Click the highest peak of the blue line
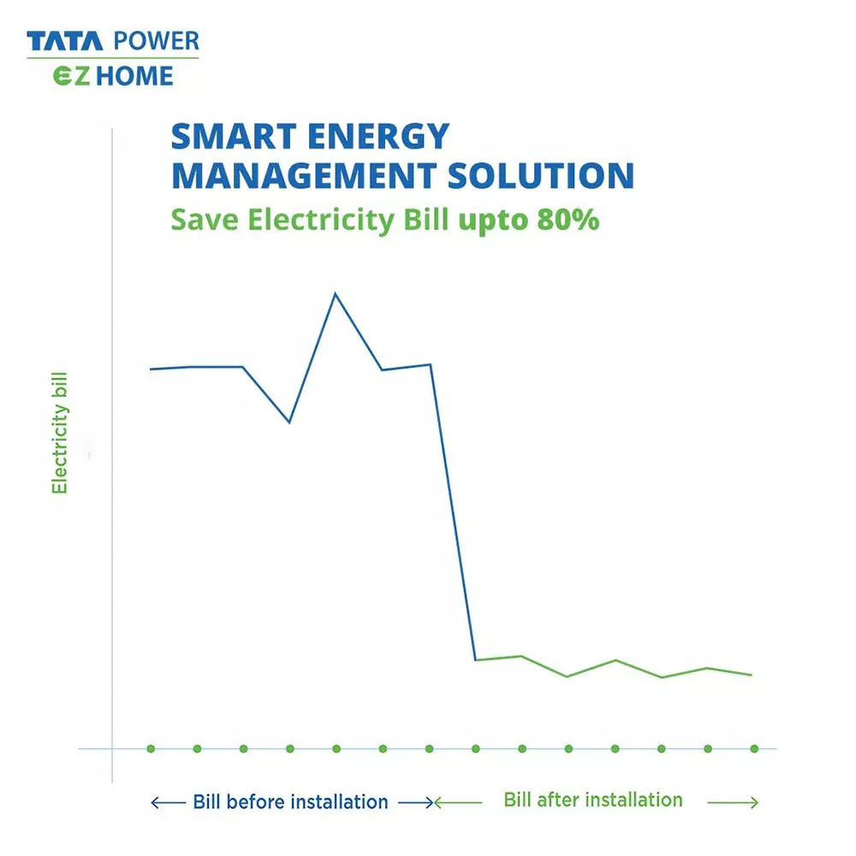pyautogui.click(x=335, y=294)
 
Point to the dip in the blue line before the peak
pyautogui.click(x=289, y=422)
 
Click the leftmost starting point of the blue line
pyautogui.click(x=151, y=369)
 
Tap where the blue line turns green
pyautogui.click(x=476, y=659)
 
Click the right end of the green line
pyautogui.click(x=752, y=675)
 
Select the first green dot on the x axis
pyautogui.click(x=151, y=748)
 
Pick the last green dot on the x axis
pyautogui.click(x=754, y=748)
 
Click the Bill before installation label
pyautogui.click(x=290, y=802)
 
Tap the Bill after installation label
pyautogui.click(x=593, y=800)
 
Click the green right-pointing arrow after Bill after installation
pyautogui.click(x=733, y=802)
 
